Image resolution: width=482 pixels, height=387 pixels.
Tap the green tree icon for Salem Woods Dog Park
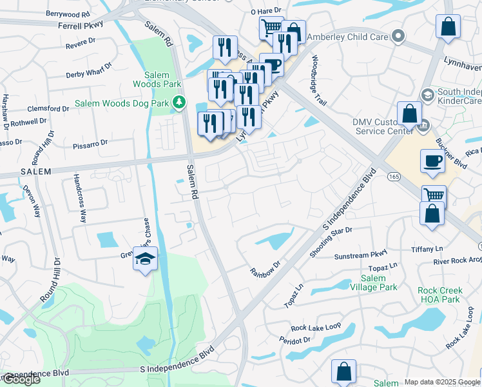(179, 102)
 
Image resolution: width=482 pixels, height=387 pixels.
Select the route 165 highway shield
(392, 176)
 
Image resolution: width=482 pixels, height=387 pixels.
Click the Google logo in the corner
(21, 379)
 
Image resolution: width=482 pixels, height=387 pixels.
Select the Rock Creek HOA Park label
(439, 295)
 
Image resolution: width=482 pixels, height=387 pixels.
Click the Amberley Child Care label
(347, 37)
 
